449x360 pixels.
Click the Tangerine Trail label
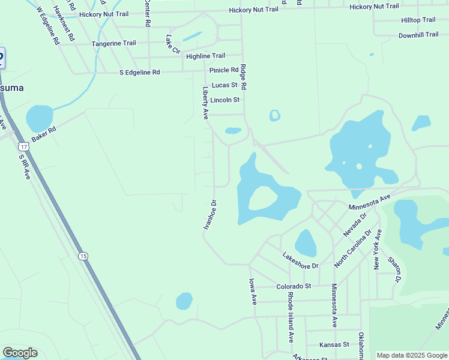click(x=113, y=43)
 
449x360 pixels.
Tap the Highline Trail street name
click(x=205, y=56)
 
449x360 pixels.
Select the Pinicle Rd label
click(x=223, y=70)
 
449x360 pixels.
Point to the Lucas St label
click(x=224, y=85)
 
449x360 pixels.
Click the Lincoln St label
click(x=224, y=100)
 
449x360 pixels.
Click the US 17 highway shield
click(x=23, y=146)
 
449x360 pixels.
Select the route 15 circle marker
click(x=83, y=256)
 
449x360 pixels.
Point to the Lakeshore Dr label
click(x=300, y=260)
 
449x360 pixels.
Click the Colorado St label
click(x=294, y=286)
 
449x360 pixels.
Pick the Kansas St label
click(x=334, y=344)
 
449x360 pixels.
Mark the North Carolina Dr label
click(x=353, y=248)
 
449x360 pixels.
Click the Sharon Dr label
click(x=394, y=269)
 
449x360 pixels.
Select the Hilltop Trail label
click(x=418, y=20)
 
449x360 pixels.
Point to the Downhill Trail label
click(x=418, y=35)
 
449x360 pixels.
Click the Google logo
click(x=20, y=353)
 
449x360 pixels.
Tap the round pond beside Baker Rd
click(x=40, y=118)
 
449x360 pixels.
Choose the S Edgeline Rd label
click(x=139, y=72)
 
